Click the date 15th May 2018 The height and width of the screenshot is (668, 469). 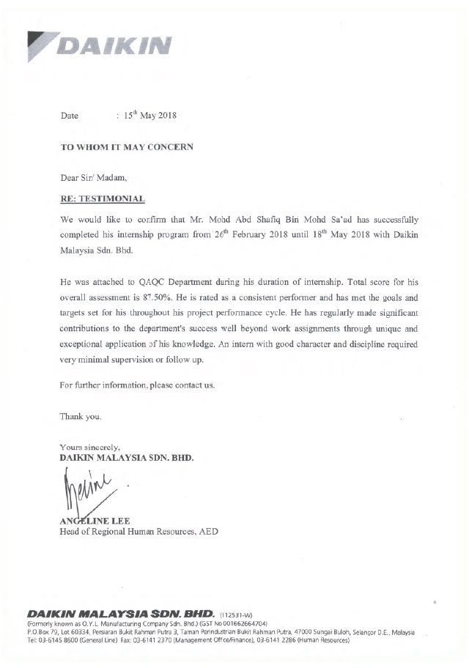149,116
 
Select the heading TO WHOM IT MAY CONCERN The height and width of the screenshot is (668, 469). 127,146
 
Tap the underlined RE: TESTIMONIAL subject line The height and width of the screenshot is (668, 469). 102,198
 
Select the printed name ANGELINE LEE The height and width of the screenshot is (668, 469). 95,521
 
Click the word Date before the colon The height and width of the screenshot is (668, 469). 70,116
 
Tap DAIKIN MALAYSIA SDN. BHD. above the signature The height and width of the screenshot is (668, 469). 127,458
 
